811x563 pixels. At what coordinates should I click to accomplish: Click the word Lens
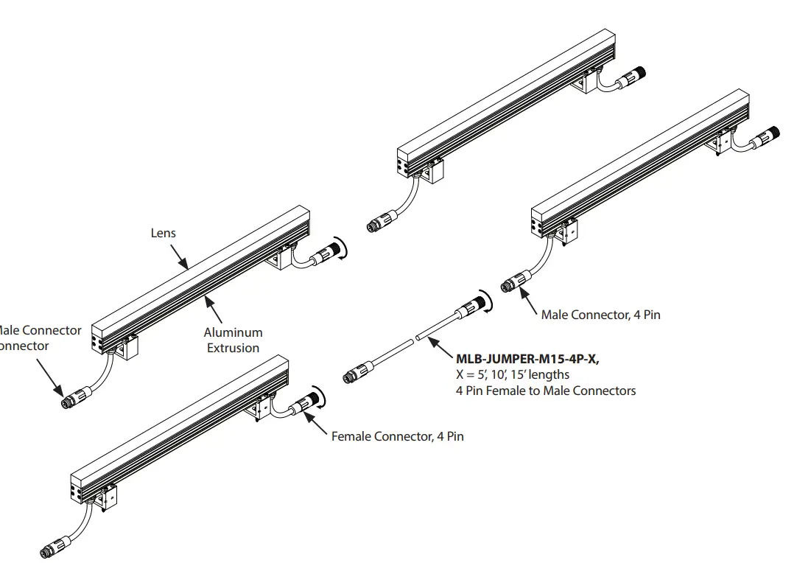(164, 233)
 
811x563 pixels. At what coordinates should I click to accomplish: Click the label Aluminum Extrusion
(233, 340)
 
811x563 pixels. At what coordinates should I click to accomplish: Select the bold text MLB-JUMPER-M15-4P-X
(527, 359)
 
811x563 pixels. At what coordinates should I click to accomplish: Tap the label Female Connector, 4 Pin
(397, 436)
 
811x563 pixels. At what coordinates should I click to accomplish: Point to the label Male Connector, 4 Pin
(600, 315)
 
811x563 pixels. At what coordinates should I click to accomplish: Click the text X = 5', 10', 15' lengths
(513, 375)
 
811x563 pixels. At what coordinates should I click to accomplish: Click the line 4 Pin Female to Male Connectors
(546, 391)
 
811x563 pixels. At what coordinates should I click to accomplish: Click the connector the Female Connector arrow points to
(304, 404)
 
